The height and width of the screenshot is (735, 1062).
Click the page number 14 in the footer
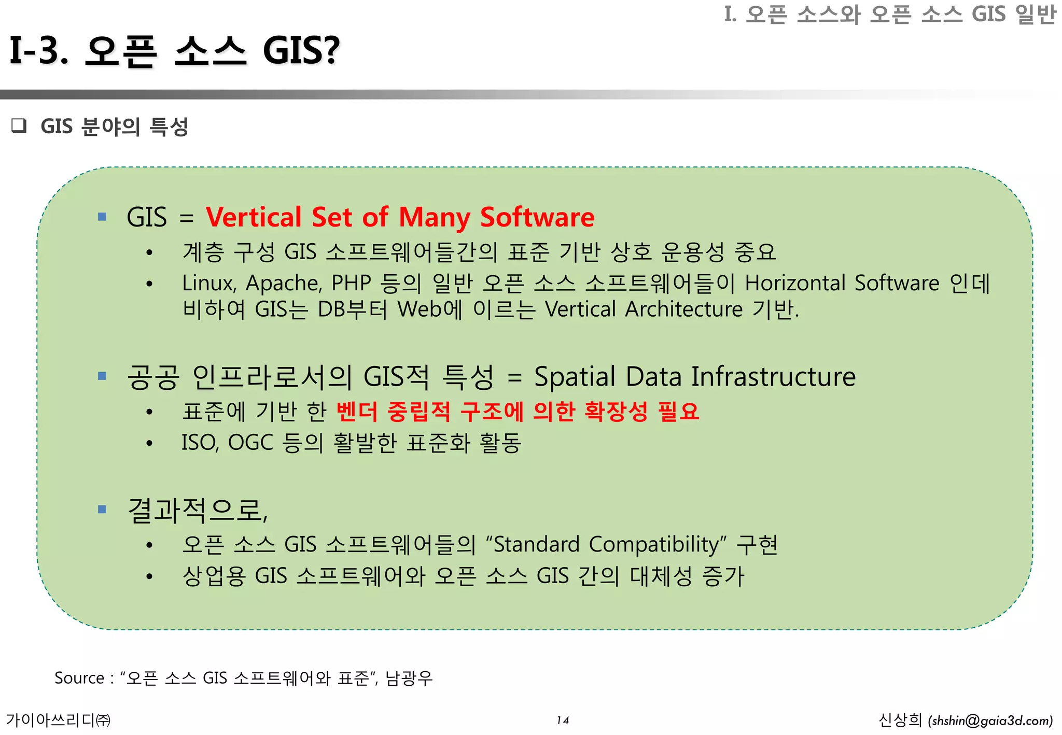(563, 720)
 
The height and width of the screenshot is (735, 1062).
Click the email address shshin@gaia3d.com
(990, 721)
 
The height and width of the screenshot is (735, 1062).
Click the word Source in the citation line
(79, 678)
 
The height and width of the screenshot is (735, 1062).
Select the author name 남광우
(409, 678)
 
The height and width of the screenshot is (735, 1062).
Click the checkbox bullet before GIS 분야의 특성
(19, 126)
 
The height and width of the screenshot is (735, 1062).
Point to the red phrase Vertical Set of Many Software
(400, 217)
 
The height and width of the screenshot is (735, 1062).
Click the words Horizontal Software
(842, 284)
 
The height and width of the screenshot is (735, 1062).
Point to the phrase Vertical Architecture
(644, 309)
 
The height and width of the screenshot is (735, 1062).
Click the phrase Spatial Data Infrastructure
(694, 377)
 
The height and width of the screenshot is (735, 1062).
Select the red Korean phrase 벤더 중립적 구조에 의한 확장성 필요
(518, 412)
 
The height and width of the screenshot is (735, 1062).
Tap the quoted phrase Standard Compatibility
(605, 545)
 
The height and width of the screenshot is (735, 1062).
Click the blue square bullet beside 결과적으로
(102, 510)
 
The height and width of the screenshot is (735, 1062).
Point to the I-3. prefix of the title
(39, 51)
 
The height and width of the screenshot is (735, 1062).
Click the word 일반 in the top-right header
(1036, 14)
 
